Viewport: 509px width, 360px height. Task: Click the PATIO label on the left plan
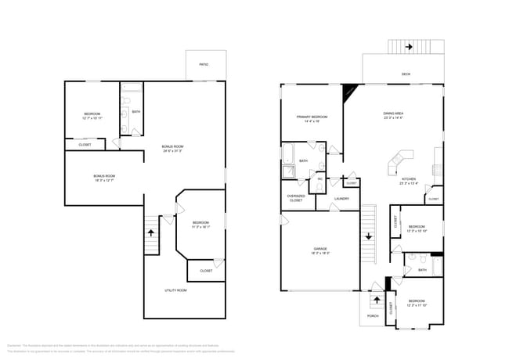(x=203, y=64)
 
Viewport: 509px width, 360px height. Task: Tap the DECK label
(x=406, y=74)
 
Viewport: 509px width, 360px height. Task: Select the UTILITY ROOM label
(x=175, y=290)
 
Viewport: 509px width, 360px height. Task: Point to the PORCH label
(x=373, y=317)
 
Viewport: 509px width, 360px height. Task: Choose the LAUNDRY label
(x=341, y=199)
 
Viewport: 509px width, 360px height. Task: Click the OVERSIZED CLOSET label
(x=296, y=199)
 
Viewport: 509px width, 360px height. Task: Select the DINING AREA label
(x=393, y=114)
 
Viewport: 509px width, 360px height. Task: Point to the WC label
(x=319, y=179)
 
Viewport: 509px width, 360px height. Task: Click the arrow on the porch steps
(x=374, y=301)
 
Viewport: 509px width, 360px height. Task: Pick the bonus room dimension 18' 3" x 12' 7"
(x=104, y=181)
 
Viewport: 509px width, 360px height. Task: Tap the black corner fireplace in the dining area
(x=348, y=91)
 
